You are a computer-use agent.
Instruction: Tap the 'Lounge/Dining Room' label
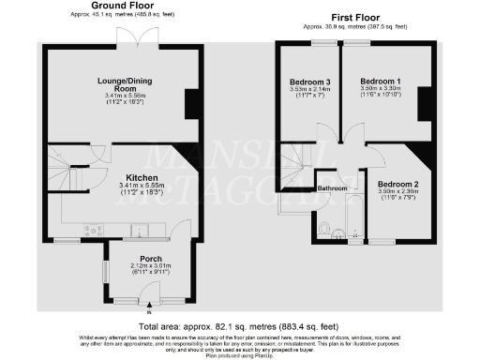point(124,84)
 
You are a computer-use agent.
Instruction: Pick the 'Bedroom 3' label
point(310,83)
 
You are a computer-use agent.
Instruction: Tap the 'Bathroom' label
point(333,188)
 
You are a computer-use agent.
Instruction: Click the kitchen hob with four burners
point(94,230)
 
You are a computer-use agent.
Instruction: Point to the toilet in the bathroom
point(323,227)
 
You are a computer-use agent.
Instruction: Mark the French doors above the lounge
point(129,37)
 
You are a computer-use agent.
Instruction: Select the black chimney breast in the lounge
point(193,104)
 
